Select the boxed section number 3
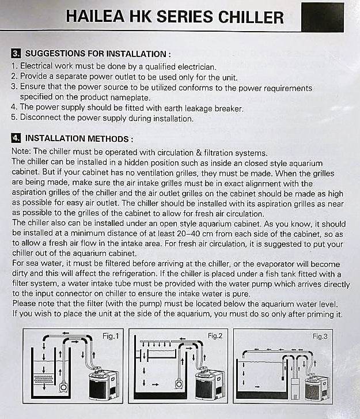[16, 54]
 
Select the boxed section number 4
[16, 139]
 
